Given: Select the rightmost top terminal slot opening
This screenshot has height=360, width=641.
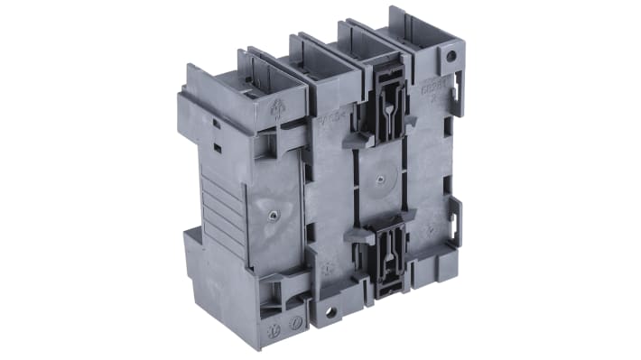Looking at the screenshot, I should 366,33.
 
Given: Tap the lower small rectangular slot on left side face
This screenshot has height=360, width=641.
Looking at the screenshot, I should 218,145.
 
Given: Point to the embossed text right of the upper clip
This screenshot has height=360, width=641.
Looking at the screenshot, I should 432,95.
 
